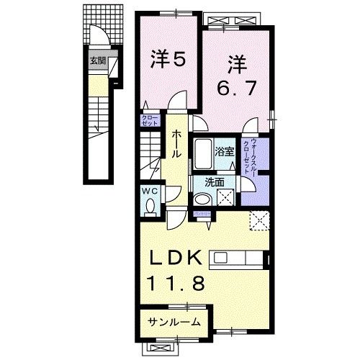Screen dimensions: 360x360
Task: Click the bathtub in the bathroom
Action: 204,153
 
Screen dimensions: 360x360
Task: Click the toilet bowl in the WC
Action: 150,207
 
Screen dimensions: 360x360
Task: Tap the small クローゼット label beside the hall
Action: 149,120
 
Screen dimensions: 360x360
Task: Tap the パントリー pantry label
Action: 200,214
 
